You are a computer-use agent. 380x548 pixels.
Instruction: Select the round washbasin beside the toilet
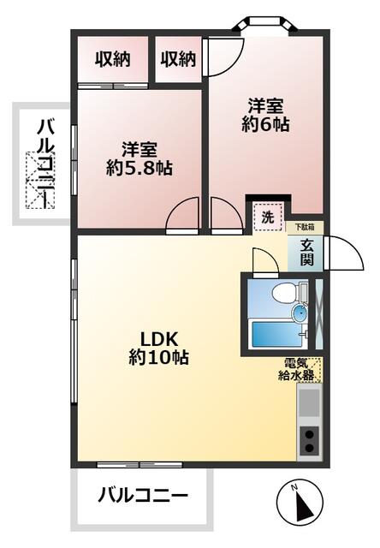(300, 315)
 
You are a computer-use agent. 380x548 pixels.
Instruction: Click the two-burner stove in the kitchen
(309, 440)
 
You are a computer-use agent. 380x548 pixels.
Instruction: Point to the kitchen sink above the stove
(309, 401)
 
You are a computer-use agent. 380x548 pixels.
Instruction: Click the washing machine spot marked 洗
(267, 217)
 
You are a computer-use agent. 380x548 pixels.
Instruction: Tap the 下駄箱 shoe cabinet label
(305, 227)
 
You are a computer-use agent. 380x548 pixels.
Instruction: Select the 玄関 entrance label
(306, 252)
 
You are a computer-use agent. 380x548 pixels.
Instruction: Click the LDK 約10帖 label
(158, 345)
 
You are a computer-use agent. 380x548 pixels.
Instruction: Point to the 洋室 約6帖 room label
(265, 116)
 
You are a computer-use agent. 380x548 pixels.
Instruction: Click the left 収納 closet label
(112, 59)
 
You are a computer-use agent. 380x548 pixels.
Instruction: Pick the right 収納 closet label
(177, 59)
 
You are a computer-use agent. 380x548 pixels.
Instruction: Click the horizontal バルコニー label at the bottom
(142, 494)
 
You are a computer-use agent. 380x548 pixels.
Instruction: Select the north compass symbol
(300, 503)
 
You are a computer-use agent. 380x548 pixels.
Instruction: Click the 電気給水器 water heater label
(300, 369)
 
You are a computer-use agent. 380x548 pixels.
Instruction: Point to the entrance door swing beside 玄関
(337, 252)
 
